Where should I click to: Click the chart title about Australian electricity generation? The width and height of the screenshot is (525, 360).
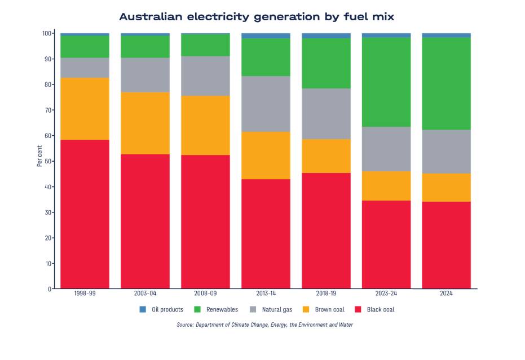pyautogui.click(x=257, y=17)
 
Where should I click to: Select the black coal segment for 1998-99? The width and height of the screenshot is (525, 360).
pyautogui.click(x=85, y=214)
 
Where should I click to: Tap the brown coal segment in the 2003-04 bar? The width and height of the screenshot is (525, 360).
pyautogui.click(x=145, y=123)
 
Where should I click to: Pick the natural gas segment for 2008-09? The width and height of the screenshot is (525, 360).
pyautogui.click(x=205, y=76)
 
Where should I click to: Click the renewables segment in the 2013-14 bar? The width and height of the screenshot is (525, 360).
pyautogui.click(x=266, y=57)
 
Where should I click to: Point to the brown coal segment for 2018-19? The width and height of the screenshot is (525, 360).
pyautogui.click(x=326, y=156)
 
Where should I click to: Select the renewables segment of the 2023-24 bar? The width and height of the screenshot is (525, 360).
pyautogui.click(x=386, y=82)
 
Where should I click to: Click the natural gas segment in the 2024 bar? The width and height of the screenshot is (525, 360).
pyautogui.click(x=447, y=152)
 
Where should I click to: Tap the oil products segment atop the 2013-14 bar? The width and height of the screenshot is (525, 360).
pyautogui.click(x=266, y=35)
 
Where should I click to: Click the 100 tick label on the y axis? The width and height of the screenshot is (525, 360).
pyautogui.click(x=47, y=33)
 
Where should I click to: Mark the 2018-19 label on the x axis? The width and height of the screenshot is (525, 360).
pyautogui.click(x=326, y=294)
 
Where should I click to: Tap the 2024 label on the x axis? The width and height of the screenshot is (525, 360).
pyautogui.click(x=447, y=294)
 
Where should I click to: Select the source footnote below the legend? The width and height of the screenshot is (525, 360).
pyautogui.click(x=264, y=325)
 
